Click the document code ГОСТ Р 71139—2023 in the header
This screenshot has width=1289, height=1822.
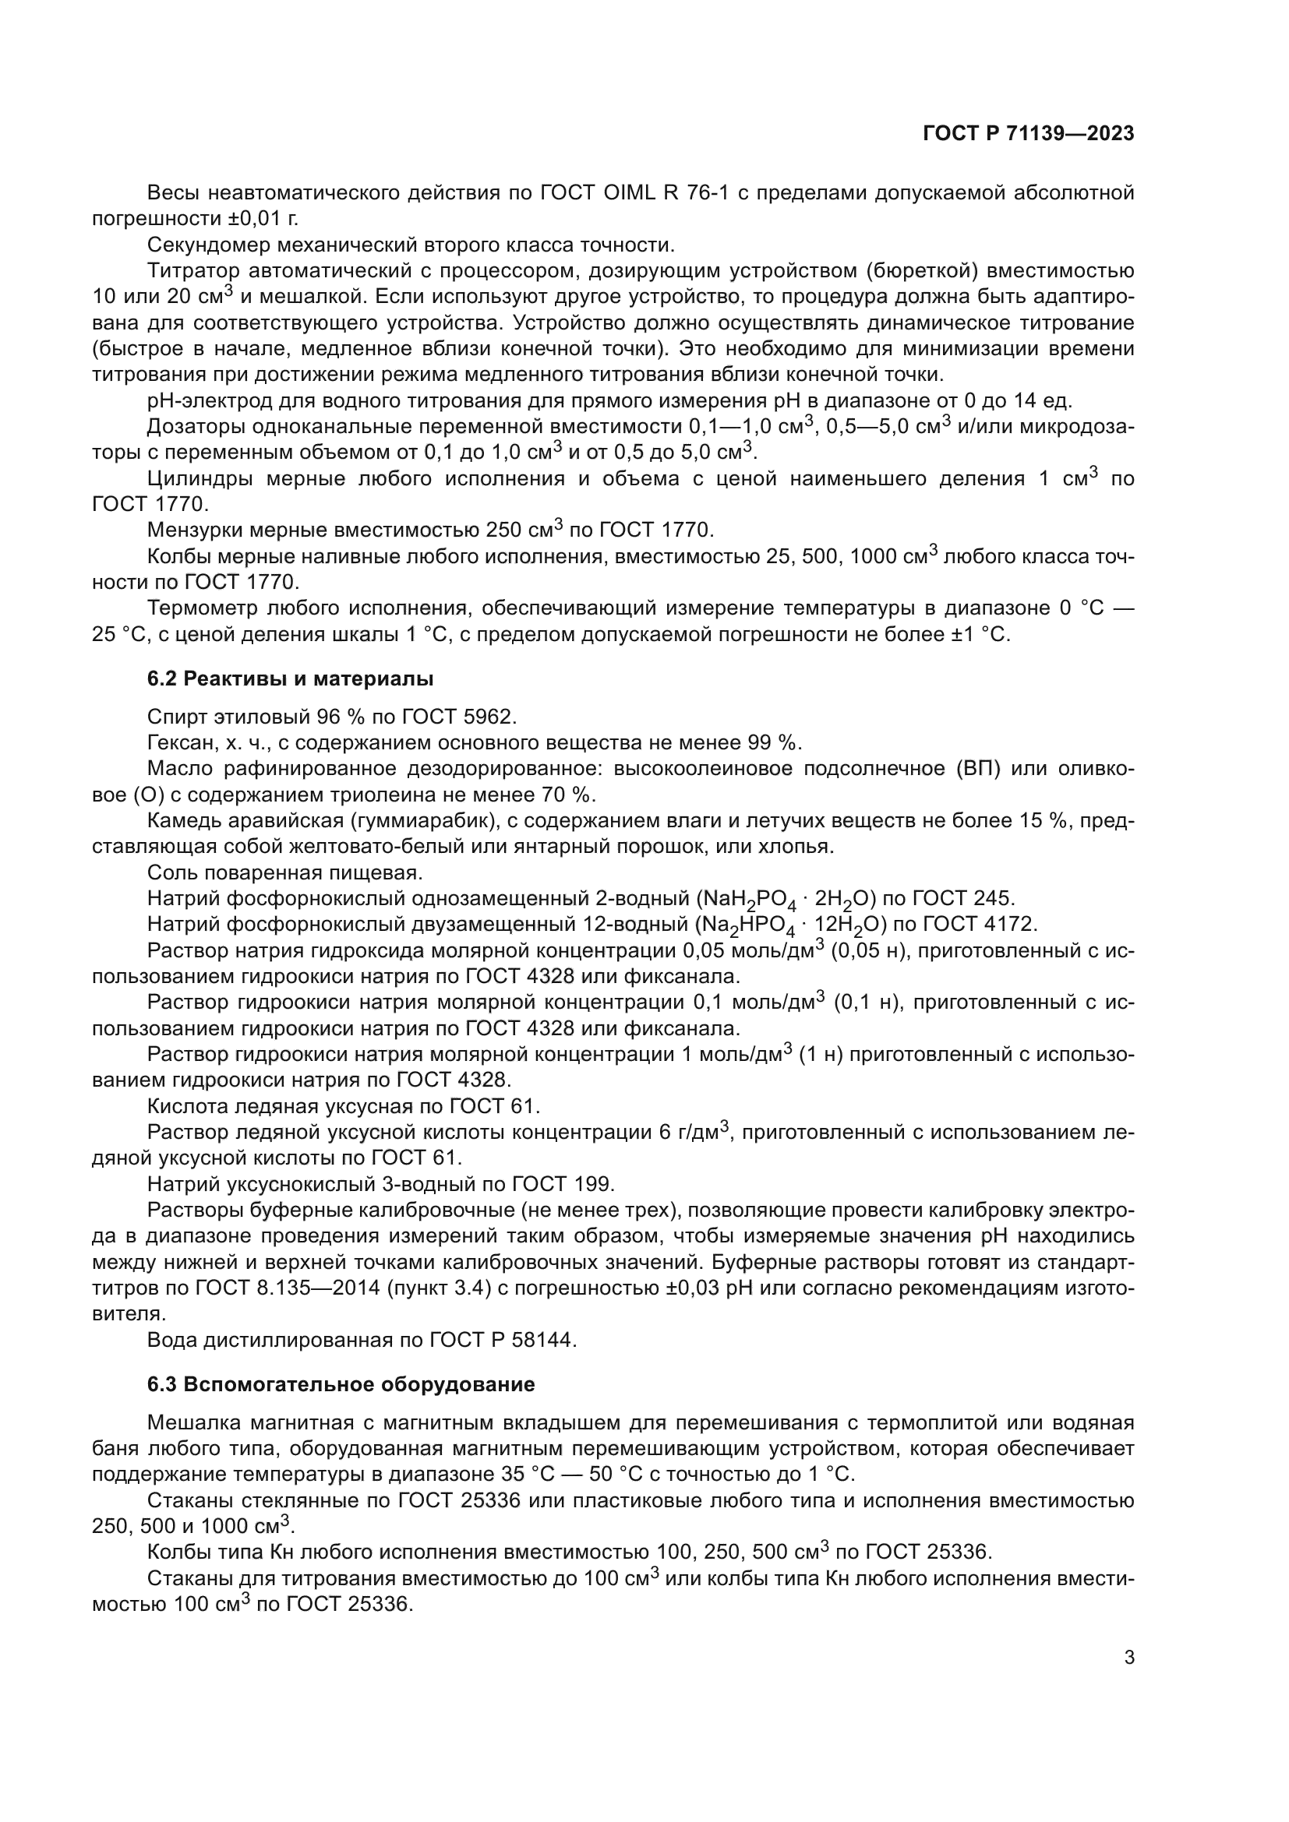pos(1028,134)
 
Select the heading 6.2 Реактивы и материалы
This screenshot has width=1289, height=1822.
pos(291,678)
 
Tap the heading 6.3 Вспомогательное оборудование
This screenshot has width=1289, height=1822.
pos(341,1384)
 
